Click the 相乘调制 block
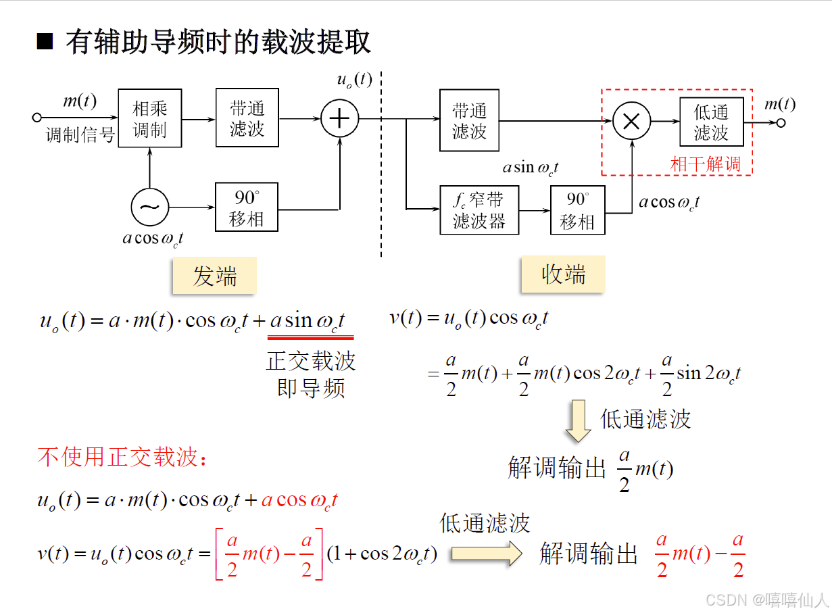[150, 118]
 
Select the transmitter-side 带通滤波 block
[247, 118]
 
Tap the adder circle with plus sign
[339, 119]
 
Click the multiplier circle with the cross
[631, 122]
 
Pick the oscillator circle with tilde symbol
[150, 207]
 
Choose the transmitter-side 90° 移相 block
[247, 207]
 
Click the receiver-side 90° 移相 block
[577, 210]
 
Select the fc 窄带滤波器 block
[479, 210]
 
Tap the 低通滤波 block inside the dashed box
[711, 122]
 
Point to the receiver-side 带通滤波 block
[469, 120]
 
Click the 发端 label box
[214, 276]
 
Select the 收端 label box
[563, 274]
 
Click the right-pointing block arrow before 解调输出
[487, 554]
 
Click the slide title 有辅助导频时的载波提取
[218, 42]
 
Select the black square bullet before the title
[45, 43]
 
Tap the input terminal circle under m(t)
[37, 118]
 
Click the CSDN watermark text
[766, 599]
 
